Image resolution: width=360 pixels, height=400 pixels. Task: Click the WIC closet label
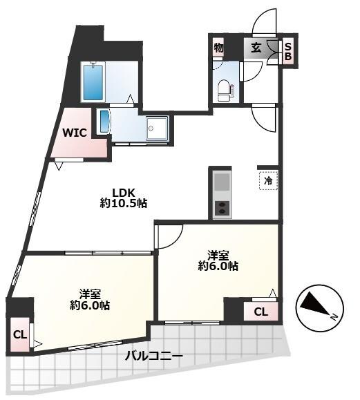(75, 133)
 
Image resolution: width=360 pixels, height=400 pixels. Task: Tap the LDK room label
(124, 192)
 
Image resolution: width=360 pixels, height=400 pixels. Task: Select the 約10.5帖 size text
(124, 203)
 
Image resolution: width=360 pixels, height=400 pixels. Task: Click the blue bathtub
(93, 82)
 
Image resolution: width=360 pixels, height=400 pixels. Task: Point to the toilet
(225, 91)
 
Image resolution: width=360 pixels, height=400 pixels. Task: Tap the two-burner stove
(222, 208)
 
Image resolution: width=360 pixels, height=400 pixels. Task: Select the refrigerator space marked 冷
(268, 181)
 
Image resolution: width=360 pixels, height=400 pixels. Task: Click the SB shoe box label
(288, 52)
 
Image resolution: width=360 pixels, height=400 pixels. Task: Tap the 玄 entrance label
(256, 48)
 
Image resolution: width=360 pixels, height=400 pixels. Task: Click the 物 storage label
(218, 48)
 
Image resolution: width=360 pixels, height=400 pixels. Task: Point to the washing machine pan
(157, 128)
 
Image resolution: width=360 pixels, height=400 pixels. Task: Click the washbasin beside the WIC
(104, 121)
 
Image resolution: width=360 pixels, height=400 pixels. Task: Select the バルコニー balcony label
(154, 356)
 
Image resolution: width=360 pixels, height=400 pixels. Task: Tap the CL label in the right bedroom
(260, 312)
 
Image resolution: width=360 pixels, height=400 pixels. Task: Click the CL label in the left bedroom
(20, 334)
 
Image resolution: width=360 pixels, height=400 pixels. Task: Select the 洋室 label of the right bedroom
(218, 256)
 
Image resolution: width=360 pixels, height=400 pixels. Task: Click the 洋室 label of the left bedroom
(90, 294)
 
